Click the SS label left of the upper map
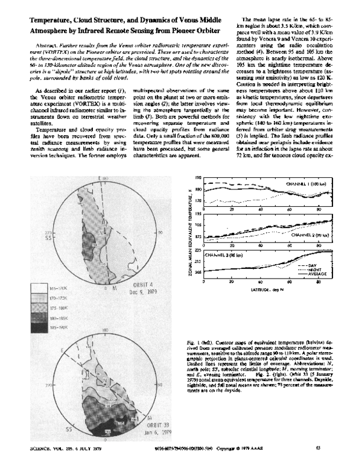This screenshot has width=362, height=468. (28, 235)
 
